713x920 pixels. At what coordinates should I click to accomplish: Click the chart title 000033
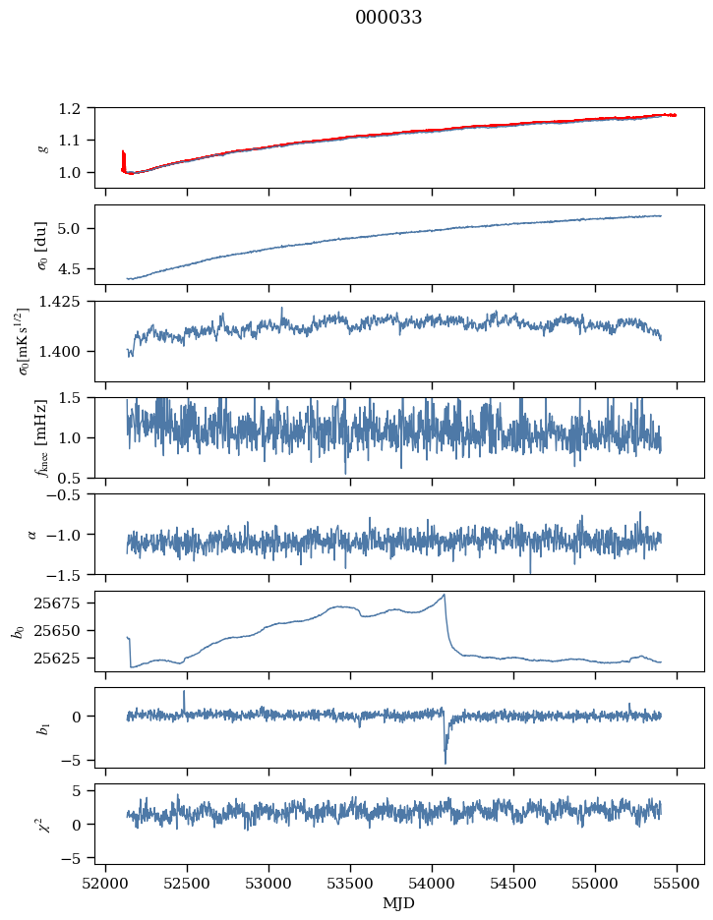coord(388,18)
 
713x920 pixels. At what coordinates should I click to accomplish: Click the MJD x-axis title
coord(399,902)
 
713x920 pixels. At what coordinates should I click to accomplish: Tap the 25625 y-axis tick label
coord(66,658)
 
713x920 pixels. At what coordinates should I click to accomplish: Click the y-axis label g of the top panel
coord(42,147)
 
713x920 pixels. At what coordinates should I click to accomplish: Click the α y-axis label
coord(34,534)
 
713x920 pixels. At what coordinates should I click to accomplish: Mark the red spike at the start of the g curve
coord(123,157)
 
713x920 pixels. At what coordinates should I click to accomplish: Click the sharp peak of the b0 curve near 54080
coord(445,595)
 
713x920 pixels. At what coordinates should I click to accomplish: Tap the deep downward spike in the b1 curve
coord(445,762)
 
